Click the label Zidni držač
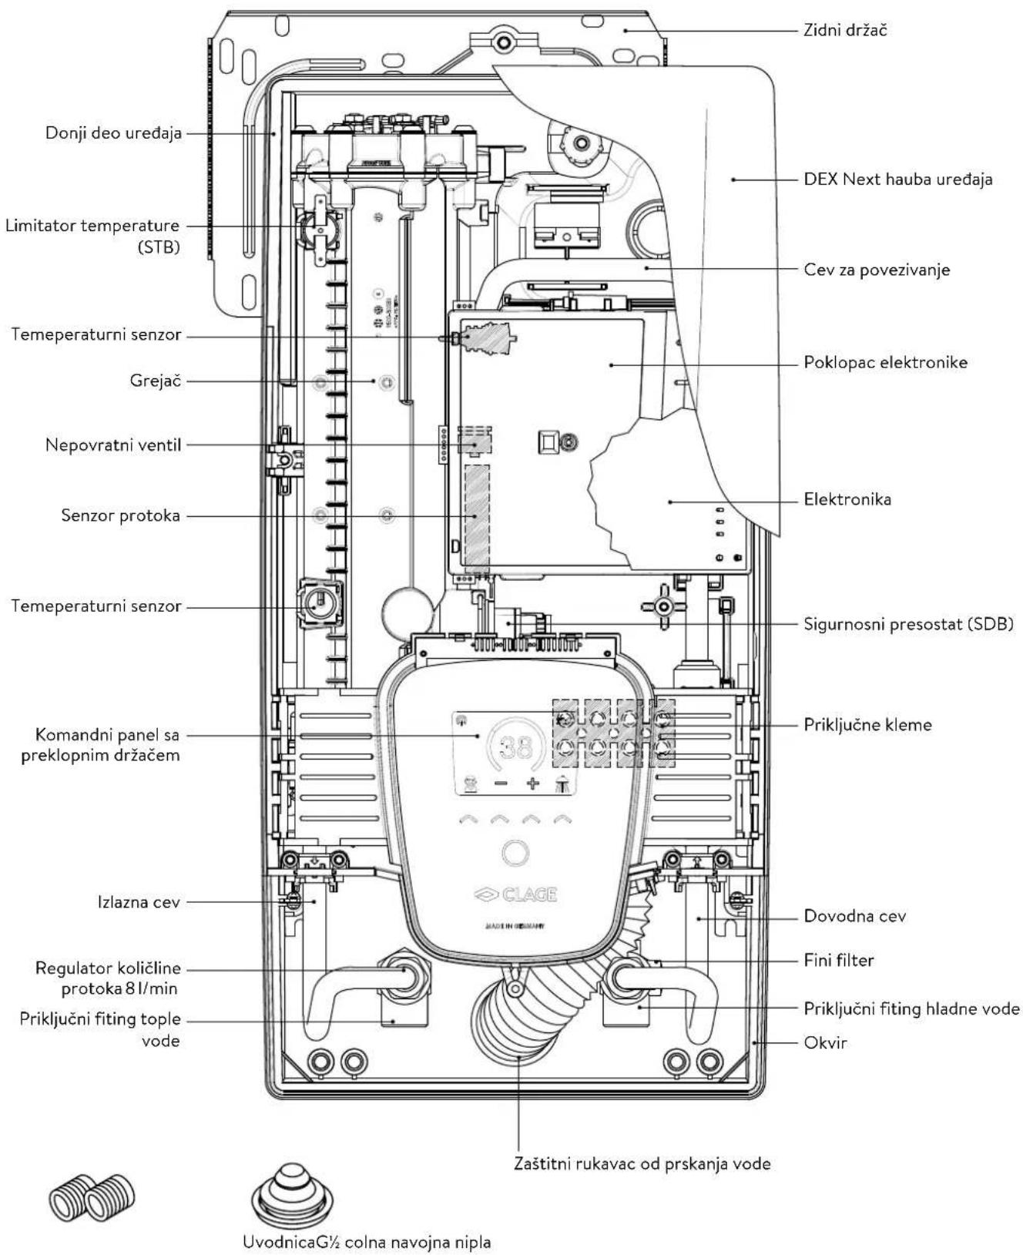pyautogui.click(x=845, y=31)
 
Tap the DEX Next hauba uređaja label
pyautogui.click(x=898, y=180)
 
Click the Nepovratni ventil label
pyautogui.click(x=113, y=445)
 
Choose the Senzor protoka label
pyautogui.click(x=121, y=515)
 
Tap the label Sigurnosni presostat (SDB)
pyautogui.click(x=908, y=623)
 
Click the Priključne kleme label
pyautogui.click(x=867, y=724)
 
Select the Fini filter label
pyautogui.click(x=839, y=960)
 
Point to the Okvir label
pyautogui.click(x=825, y=1042)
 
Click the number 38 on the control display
pyautogui.click(x=516, y=747)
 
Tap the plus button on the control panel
pyautogui.click(x=532, y=784)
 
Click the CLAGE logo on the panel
pyautogui.click(x=515, y=894)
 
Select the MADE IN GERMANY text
pyautogui.click(x=515, y=926)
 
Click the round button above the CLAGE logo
pyautogui.click(x=515, y=853)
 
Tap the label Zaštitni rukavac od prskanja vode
pyautogui.click(x=642, y=1163)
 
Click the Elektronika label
pyautogui.click(x=847, y=499)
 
